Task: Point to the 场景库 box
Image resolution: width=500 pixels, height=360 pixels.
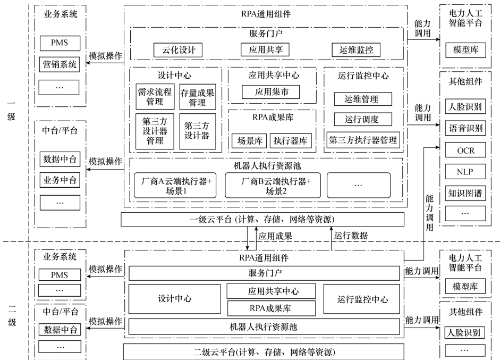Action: point(249,140)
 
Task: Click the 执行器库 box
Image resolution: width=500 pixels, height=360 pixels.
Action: point(291,140)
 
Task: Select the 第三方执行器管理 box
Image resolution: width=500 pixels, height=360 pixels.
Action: point(363,140)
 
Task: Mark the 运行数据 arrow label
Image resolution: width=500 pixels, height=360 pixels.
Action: point(351,235)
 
